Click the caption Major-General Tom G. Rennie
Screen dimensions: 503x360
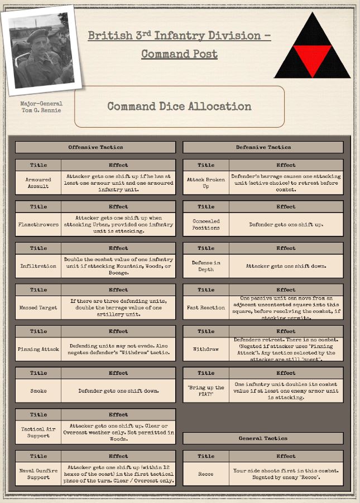41,107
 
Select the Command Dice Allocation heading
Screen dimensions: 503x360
179,107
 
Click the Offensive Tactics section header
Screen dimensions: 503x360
95,147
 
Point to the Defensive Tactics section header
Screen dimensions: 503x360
263,147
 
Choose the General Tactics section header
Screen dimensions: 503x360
263,438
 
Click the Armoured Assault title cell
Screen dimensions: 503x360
38,183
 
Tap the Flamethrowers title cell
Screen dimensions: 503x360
38,225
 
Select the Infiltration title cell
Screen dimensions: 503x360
38,266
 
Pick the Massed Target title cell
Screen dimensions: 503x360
38,308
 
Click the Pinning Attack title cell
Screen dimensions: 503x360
38,349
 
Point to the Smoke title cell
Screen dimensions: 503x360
38,391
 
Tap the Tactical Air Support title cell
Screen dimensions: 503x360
38,432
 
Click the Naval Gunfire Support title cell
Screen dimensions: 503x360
38,474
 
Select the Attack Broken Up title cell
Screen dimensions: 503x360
206,183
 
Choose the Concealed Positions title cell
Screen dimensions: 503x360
206,225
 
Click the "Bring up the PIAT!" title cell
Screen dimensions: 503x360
206,391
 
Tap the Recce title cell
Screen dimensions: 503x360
206,474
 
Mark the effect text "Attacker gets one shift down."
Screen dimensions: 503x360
286,266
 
